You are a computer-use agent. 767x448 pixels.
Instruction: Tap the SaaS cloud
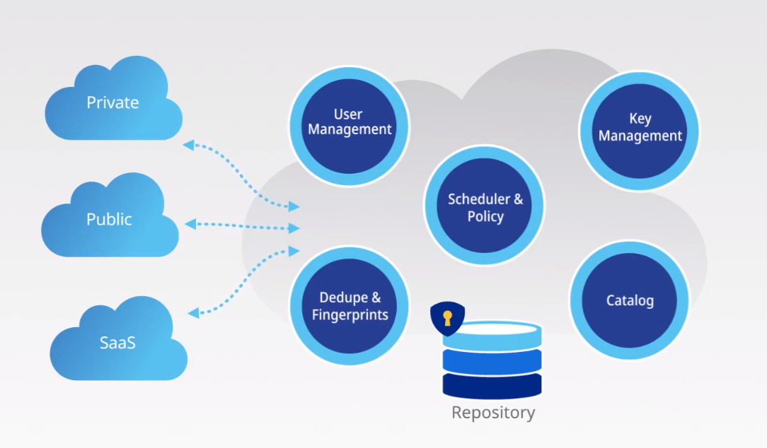pyautogui.click(x=117, y=343)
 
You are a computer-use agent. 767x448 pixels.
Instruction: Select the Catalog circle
pyautogui.click(x=629, y=301)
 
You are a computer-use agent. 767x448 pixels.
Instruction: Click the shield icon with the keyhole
pyautogui.click(x=447, y=319)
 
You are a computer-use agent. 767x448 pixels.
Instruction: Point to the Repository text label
pyautogui.click(x=493, y=413)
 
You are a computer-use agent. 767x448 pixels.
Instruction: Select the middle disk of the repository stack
pyautogui.click(x=492, y=360)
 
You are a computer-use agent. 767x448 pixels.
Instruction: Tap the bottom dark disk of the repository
pyautogui.click(x=492, y=385)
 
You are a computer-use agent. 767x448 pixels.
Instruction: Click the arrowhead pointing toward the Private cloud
pyautogui.click(x=188, y=145)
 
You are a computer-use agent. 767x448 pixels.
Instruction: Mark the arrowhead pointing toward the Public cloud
pyautogui.click(x=189, y=224)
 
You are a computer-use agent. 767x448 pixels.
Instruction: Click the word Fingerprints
pyautogui.click(x=350, y=314)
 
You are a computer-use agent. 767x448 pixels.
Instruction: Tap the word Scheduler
pyautogui.click(x=478, y=199)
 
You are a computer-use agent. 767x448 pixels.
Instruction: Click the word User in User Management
pyautogui.click(x=348, y=114)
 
